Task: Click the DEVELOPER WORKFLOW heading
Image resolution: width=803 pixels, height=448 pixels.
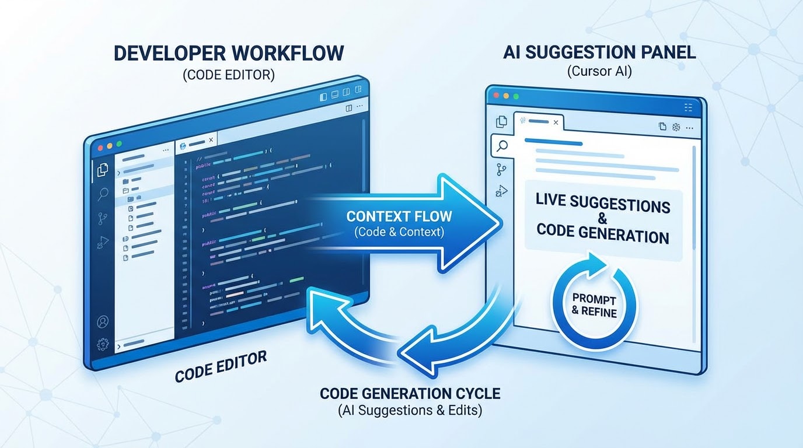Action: (229, 53)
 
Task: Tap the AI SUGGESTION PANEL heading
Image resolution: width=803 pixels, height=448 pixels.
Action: (599, 52)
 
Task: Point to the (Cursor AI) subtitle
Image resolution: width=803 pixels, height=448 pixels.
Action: (599, 72)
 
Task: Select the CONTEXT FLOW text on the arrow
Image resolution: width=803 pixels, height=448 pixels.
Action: (399, 216)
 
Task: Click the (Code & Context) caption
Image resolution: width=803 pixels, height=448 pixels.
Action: (399, 232)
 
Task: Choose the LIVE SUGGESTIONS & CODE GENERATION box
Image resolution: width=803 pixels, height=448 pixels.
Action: (603, 221)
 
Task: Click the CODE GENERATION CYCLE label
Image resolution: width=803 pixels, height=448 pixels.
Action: (410, 393)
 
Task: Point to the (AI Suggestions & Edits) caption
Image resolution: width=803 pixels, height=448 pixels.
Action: (410, 411)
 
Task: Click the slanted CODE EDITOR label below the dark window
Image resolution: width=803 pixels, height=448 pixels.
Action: (221, 367)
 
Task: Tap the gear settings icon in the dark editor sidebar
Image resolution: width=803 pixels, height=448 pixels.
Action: (103, 344)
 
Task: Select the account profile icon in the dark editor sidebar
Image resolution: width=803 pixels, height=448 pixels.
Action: (103, 321)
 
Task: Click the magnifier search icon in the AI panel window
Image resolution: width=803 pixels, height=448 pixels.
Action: (501, 146)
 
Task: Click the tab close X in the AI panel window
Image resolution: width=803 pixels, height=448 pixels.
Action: (556, 123)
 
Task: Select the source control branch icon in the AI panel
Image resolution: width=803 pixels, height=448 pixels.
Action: (501, 170)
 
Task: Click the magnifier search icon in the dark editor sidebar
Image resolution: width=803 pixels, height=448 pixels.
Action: (103, 194)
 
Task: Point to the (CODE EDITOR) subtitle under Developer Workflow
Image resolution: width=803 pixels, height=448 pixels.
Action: (229, 75)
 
